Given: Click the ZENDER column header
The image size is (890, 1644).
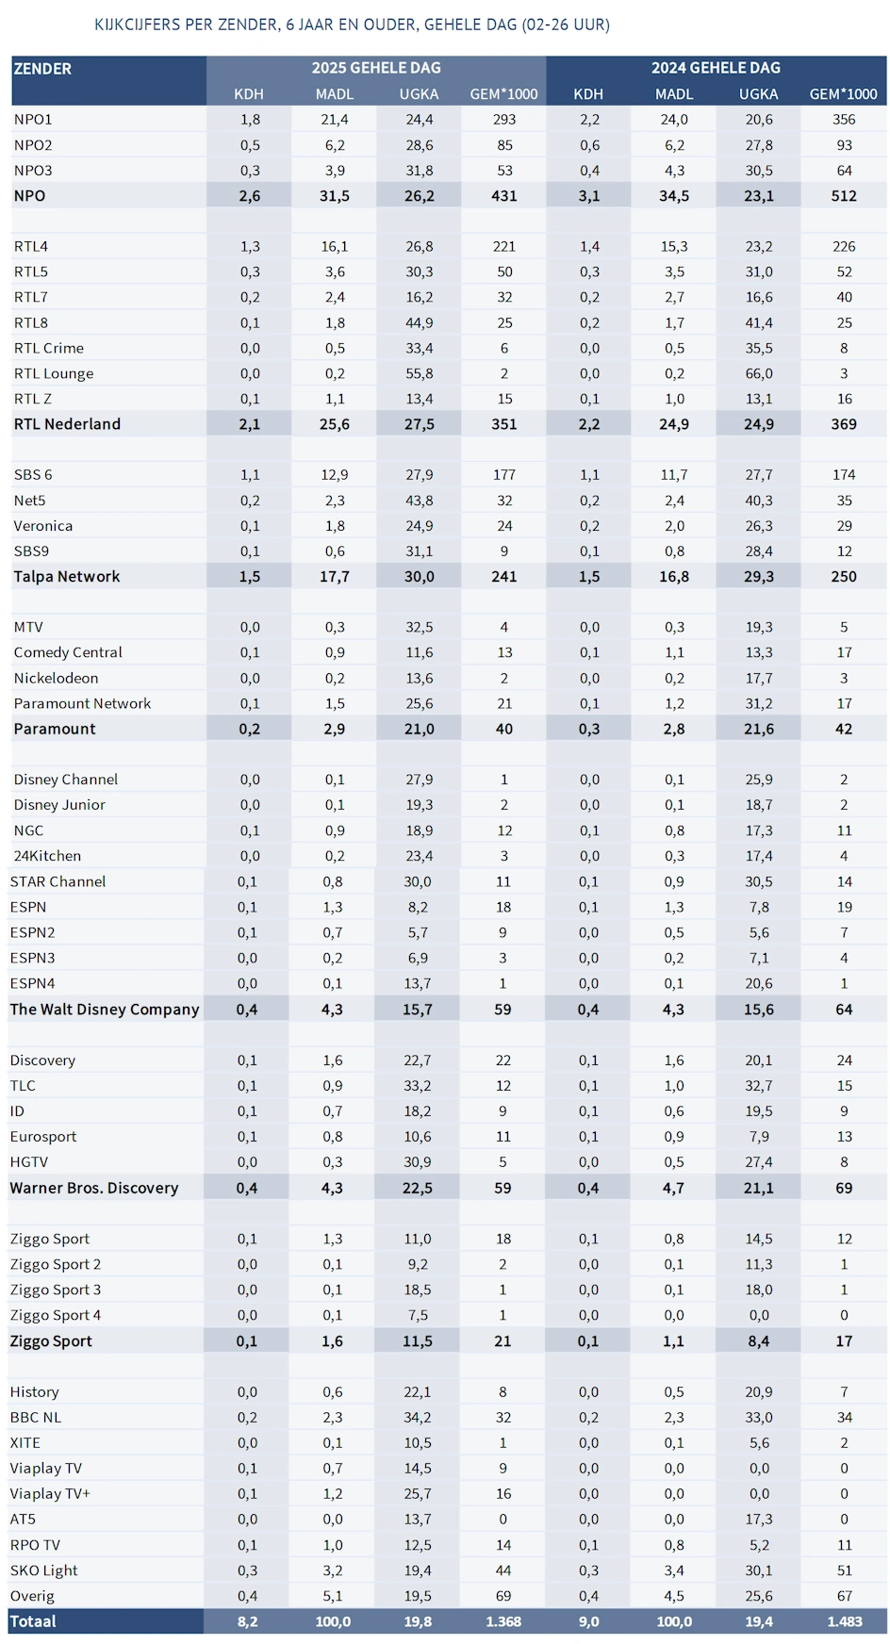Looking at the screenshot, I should point(42,69).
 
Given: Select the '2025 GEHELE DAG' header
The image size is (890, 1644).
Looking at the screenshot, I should point(376,68).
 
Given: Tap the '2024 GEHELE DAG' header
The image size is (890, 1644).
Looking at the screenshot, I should point(716,68).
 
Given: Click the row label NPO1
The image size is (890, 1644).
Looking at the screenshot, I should point(33,120).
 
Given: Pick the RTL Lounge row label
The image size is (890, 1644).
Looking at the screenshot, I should point(54,373).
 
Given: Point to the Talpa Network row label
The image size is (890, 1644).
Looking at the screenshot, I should point(67,577).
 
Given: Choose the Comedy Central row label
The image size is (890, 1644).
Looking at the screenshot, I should point(68,652).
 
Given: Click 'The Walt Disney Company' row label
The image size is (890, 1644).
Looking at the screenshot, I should point(105,1010).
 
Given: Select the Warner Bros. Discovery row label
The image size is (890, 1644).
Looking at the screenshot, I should point(94,1188).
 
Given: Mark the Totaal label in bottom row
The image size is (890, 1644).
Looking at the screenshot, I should point(33,1621).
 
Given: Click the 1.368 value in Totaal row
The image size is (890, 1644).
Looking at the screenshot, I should point(503,1621).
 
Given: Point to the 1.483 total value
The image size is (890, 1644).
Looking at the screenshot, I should point(844,1621).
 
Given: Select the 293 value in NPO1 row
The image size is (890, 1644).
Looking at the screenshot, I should point(504,120).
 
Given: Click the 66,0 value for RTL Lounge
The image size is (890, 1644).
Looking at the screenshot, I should point(759,373).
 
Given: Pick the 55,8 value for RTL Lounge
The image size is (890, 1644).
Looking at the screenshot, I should point(419,373).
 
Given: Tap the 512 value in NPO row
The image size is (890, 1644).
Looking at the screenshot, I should point(844,196).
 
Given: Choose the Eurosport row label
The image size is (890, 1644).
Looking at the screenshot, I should point(43,1137).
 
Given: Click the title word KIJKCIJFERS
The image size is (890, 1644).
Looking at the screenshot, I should point(138,25).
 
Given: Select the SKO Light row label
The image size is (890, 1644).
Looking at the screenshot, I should point(44,1570).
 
